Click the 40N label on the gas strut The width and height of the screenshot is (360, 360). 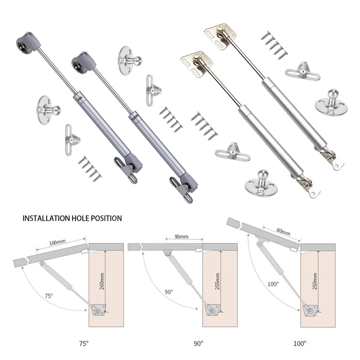80,98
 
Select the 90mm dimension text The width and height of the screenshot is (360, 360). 181,236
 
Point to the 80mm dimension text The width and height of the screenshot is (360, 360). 283,232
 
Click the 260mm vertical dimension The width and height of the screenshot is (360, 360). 102,281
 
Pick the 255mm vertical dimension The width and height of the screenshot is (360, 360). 217,281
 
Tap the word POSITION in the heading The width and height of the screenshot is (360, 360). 106,218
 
